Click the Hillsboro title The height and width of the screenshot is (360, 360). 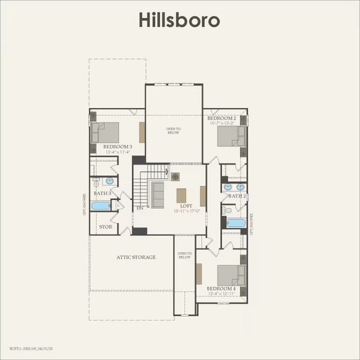(x=179, y=20)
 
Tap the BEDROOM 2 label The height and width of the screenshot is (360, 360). (x=222, y=119)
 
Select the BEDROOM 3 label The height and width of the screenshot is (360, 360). (x=117, y=146)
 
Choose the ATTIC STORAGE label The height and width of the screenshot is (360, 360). (x=136, y=257)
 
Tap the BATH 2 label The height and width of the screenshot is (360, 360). (x=237, y=196)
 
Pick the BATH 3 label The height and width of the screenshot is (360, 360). (x=102, y=193)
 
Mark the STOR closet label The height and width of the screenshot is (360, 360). (x=106, y=227)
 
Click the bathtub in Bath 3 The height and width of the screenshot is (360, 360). (x=101, y=206)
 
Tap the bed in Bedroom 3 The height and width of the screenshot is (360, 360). (x=106, y=133)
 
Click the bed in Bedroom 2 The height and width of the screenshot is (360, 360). (x=230, y=136)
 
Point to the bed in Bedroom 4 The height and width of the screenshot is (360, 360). (x=230, y=275)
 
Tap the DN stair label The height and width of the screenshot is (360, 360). (x=139, y=208)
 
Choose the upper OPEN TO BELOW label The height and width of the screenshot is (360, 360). (x=173, y=130)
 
